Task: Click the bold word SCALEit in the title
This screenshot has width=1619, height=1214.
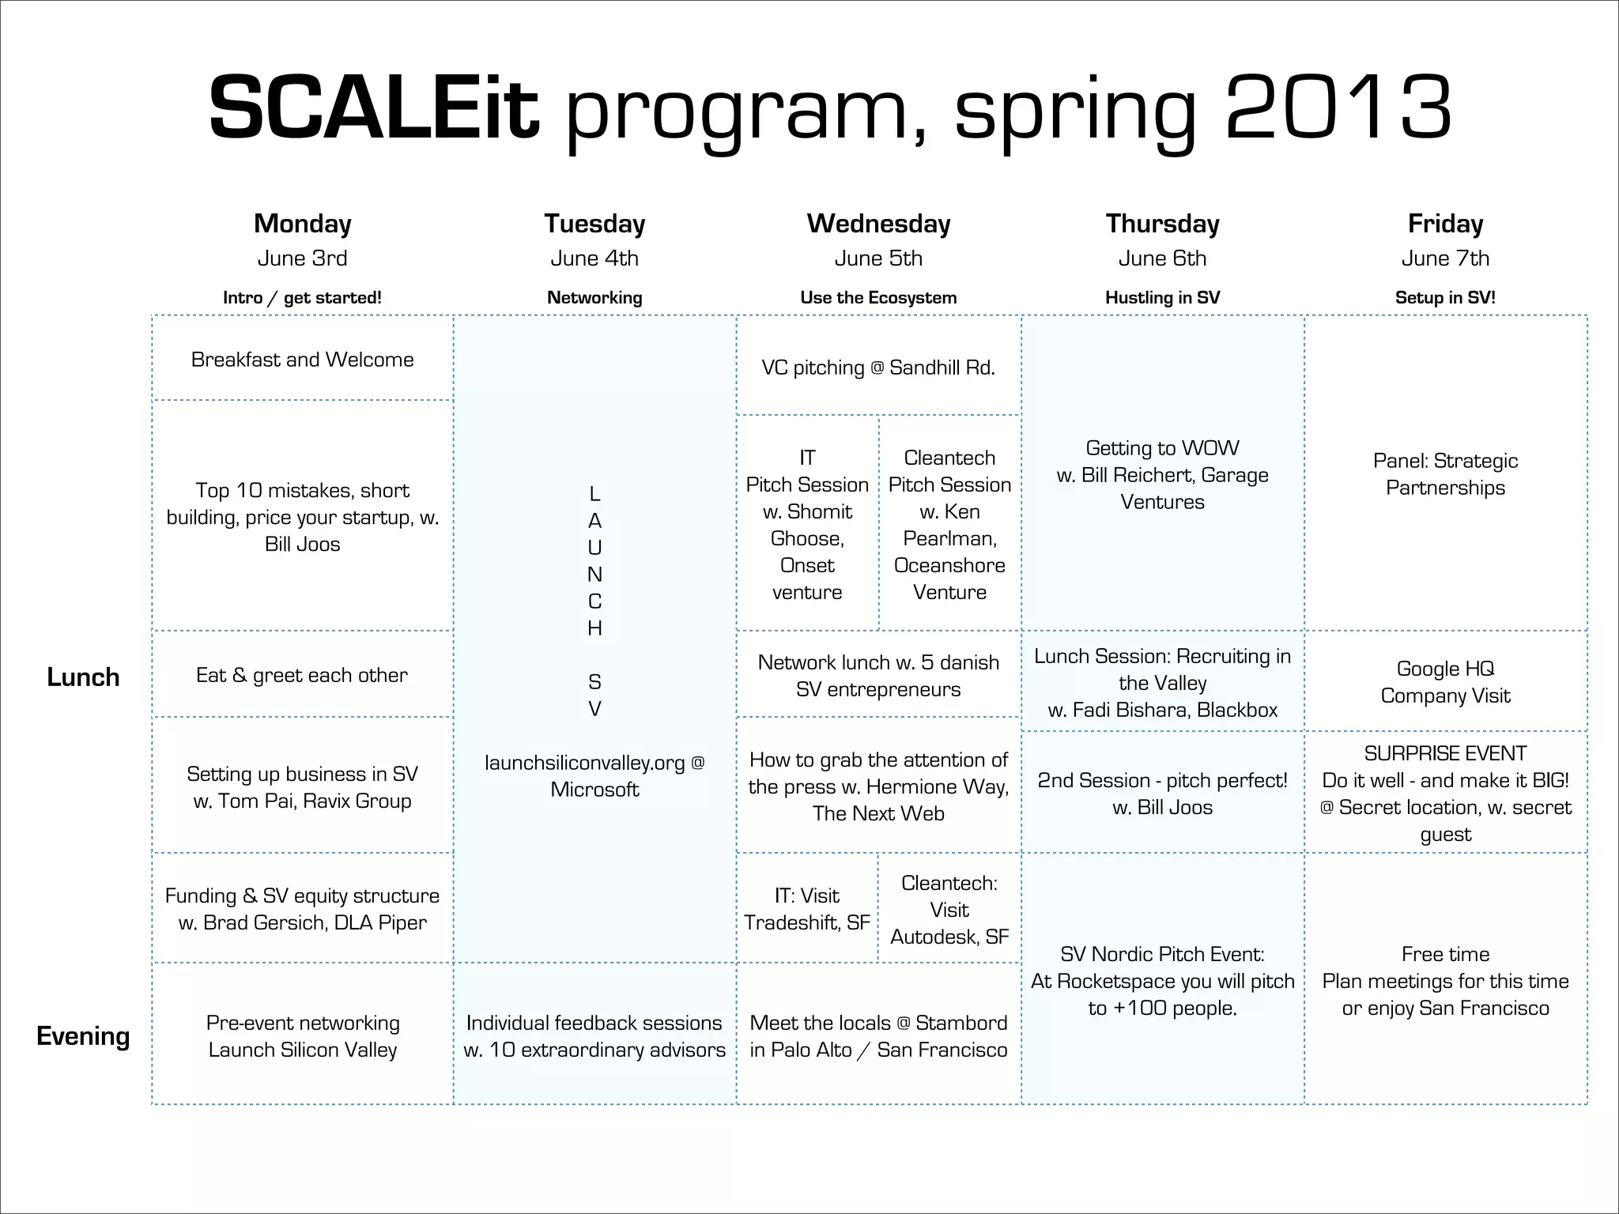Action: tap(373, 107)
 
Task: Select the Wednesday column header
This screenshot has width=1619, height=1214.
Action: tap(878, 224)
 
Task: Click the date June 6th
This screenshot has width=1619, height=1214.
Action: tap(1162, 258)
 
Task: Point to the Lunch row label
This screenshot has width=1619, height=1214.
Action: tap(83, 677)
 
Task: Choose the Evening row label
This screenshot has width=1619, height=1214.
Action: tap(83, 1036)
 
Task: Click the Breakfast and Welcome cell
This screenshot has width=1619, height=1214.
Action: tap(302, 360)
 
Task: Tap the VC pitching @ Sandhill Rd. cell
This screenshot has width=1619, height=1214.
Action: tap(878, 368)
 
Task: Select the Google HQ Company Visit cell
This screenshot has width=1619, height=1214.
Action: tap(1445, 682)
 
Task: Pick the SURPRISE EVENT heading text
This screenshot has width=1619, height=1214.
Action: tap(1445, 753)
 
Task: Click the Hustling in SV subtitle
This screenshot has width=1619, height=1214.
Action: tap(1162, 298)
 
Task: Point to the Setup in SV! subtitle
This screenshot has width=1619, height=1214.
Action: tap(1445, 298)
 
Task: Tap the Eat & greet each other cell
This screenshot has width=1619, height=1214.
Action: tap(302, 675)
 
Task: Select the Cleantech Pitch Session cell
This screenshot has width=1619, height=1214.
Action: tap(949, 524)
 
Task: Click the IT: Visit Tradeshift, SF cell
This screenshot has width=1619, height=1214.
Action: tap(807, 909)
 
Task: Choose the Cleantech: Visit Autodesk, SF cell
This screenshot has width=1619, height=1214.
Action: tap(949, 910)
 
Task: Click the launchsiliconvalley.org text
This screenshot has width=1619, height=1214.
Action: tap(585, 763)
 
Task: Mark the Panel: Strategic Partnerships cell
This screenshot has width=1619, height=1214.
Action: tap(1445, 474)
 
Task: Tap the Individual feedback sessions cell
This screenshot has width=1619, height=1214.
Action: tap(594, 1036)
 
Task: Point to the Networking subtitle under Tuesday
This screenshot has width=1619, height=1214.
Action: tap(594, 298)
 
